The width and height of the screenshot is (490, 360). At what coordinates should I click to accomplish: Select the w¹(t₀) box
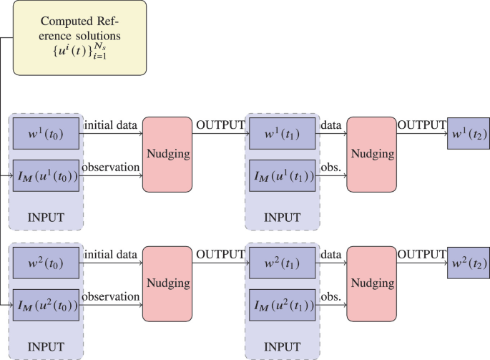tap(46, 134)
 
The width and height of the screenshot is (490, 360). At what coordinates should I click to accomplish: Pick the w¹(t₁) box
tap(281, 134)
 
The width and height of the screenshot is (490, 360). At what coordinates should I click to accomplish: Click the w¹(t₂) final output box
tap(467, 134)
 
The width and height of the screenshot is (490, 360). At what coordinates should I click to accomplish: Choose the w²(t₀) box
tap(46, 263)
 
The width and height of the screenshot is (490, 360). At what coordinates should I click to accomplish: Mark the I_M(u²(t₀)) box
tap(46, 304)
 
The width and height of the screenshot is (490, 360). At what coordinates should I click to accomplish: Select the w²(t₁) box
tap(281, 263)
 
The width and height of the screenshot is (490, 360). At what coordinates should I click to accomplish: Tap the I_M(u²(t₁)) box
tap(281, 304)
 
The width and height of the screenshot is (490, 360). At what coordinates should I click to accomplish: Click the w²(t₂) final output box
tap(467, 263)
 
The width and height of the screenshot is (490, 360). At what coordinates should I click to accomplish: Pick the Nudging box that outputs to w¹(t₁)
tap(167, 154)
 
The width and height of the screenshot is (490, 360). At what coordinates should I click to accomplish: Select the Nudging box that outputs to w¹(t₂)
tap(371, 154)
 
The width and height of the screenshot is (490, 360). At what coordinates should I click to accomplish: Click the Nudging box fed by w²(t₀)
tap(167, 283)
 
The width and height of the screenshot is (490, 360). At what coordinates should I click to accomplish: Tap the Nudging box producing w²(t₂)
tap(371, 283)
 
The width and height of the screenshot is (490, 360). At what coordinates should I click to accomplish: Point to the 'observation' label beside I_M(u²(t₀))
tap(110, 296)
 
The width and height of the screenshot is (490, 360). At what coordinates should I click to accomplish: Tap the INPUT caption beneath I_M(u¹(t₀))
tap(46, 216)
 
